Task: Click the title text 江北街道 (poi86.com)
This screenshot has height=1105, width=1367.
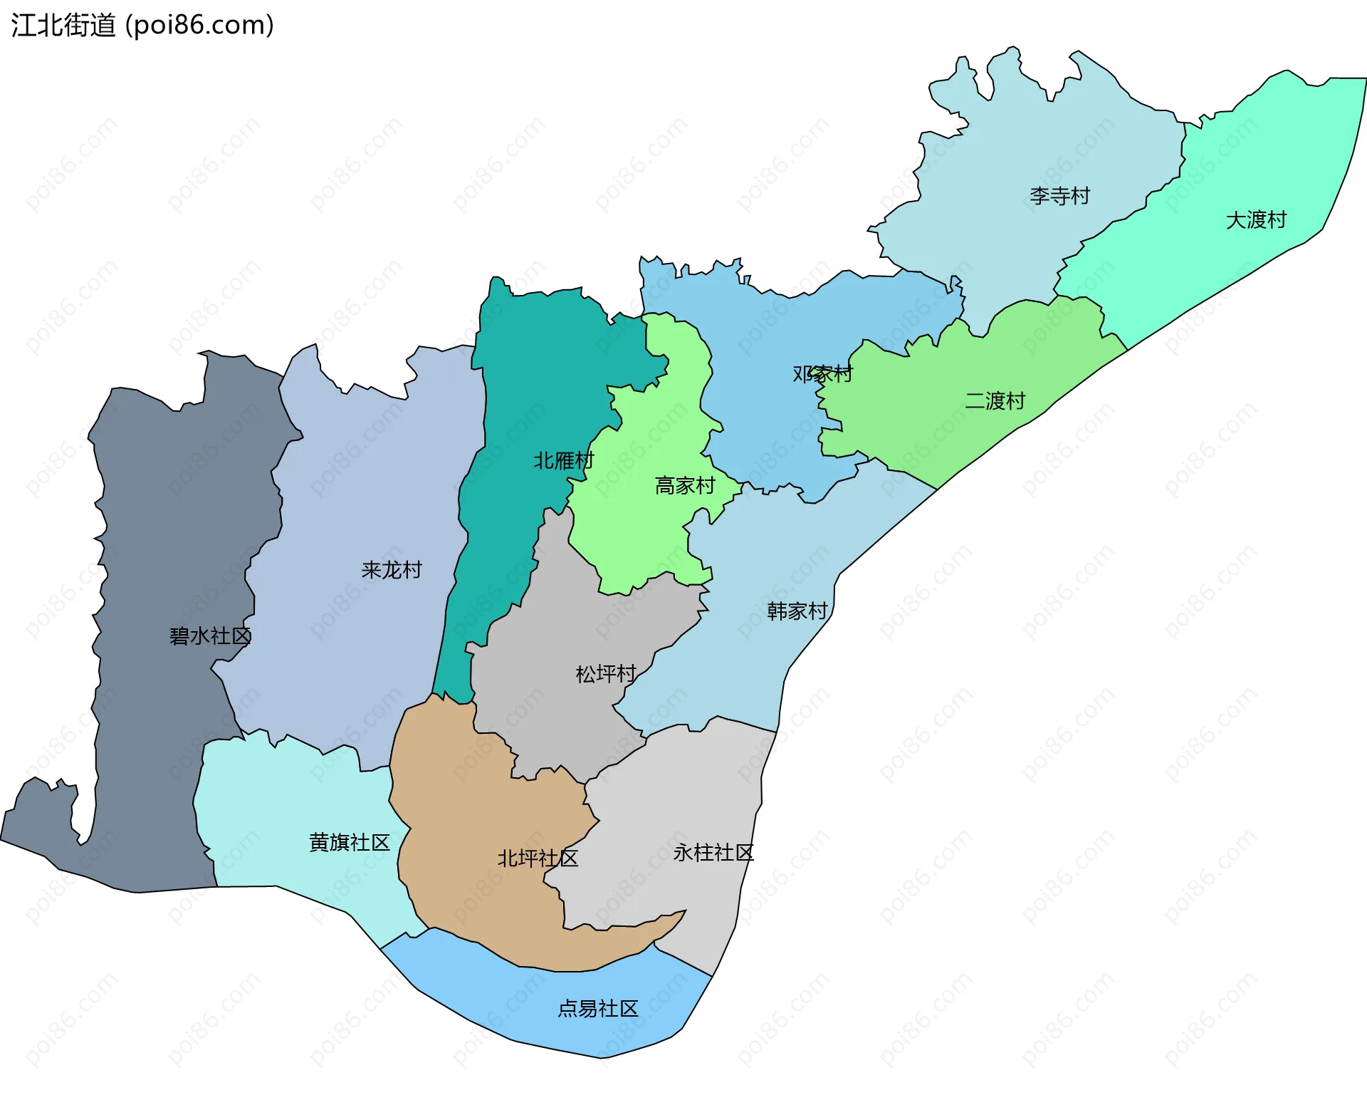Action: pyautogui.click(x=142, y=26)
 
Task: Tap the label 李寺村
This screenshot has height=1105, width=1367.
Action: pyautogui.click(x=1059, y=196)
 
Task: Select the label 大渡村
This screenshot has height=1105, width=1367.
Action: pyautogui.click(x=1256, y=220)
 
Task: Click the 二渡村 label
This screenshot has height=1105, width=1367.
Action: pyautogui.click(x=995, y=401)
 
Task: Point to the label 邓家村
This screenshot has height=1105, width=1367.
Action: pyautogui.click(x=822, y=374)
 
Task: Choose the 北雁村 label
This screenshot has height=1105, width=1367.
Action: pyautogui.click(x=563, y=461)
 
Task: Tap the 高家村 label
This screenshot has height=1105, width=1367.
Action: pyautogui.click(x=685, y=486)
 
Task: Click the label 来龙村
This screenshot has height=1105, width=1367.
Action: pyautogui.click(x=392, y=570)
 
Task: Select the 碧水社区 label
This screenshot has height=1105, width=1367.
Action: pyautogui.click(x=210, y=636)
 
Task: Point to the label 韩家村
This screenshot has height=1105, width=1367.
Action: pyautogui.click(x=797, y=611)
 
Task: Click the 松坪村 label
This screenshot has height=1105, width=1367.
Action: pyautogui.click(x=605, y=674)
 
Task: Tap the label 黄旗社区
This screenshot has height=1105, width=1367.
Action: pyautogui.click(x=350, y=843)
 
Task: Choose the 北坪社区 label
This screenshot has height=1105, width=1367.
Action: pyautogui.click(x=538, y=858)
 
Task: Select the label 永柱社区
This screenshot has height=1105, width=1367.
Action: pyautogui.click(x=713, y=853)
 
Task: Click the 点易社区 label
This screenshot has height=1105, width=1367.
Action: pyautogui.click(x=597, y=1009)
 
